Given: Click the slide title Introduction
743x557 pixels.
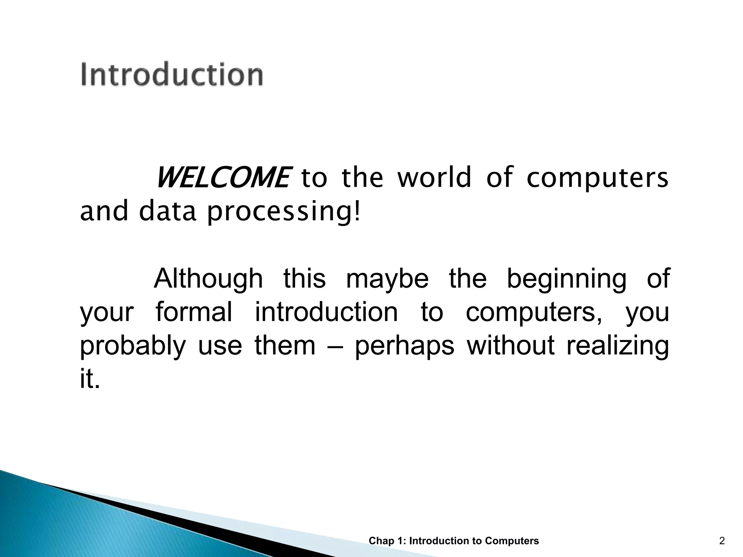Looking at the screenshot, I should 172,74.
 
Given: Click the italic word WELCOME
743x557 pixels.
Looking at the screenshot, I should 222,178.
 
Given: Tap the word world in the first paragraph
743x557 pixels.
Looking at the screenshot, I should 434,178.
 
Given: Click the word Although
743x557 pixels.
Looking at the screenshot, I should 208,279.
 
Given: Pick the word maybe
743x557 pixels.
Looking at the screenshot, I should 387,279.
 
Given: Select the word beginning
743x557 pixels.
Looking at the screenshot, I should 566,279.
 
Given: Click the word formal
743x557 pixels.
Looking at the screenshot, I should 194,312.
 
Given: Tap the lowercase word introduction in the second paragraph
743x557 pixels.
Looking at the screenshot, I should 326,312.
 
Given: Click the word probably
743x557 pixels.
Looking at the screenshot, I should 132,346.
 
